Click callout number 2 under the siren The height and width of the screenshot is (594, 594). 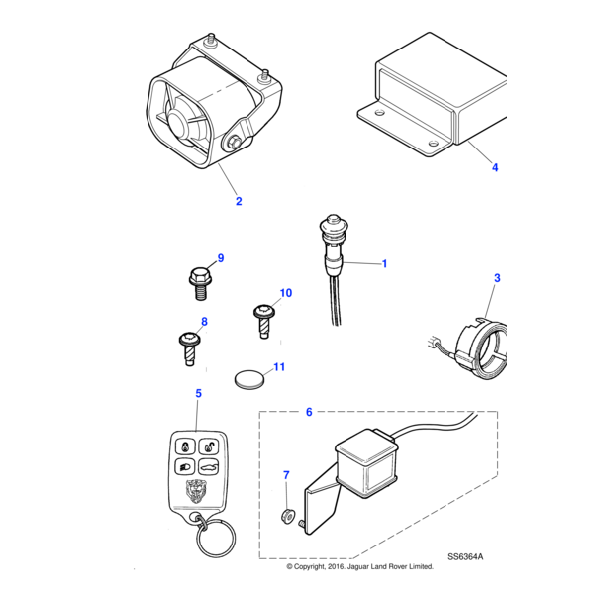(x=238, y=201)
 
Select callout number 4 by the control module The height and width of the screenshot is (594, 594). (x=495, y=169)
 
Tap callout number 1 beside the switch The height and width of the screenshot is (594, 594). (x=384, y=264)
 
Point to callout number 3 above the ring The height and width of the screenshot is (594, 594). (x=497, y=279)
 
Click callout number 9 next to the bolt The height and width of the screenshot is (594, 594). (x=221, y=258)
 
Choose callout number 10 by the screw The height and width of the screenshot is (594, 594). (x=286, y=293)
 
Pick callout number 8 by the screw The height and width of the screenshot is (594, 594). (x=205, y=322)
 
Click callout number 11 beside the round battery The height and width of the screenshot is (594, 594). (x=279, y=367)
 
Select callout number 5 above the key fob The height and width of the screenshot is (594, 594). (x=198, y=393)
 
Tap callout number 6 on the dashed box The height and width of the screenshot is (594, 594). (x=308, y=411)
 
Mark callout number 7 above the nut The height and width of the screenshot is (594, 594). (x=286, y=476)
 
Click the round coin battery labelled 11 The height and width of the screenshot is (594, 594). (x=249, y=378)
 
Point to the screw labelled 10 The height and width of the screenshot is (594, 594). (x=263, y=320)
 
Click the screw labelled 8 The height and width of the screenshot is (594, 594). (x=190, y=348)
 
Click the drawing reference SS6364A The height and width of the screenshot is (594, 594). (x=466, y=557)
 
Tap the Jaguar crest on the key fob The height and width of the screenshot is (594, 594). (x=196, y=490)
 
